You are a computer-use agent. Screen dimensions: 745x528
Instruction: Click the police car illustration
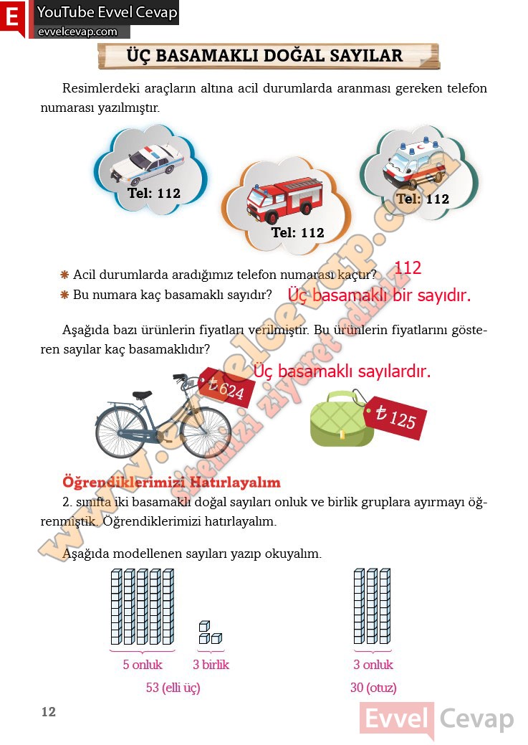pyautogui.click(x=148, y=164)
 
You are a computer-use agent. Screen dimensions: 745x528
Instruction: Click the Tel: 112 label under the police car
pyautogui.click(x=154, y=194)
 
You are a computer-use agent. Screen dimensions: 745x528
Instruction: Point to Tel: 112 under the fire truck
pyautogui.click(x=297, y=233)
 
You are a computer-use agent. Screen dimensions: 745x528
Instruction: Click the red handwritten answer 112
pyautogui.click(x=408, y=268)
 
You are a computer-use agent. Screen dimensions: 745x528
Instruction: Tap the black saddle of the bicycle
pyautogui.click(x=142, y=394)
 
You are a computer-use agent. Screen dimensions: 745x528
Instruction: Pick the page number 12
pyautogui.click(x=48, y=712)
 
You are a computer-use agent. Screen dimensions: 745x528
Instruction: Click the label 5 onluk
pyautogui.click(x=143, y=665)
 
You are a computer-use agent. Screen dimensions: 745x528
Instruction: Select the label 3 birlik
pyautogui.click(x=211, y=665)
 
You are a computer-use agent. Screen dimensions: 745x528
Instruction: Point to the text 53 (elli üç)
pyautogui.click(x=173, y=688)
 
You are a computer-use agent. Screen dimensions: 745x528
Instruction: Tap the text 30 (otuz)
pyautogui.click(x=373, y=688)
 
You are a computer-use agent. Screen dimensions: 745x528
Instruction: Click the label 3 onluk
pyautogui.click(x=373, y=665)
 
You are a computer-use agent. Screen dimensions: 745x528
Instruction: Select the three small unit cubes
pyautogui.click(x=210, y=632)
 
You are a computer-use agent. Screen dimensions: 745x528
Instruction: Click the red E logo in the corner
pyautogui.click(x=13, y=19)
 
